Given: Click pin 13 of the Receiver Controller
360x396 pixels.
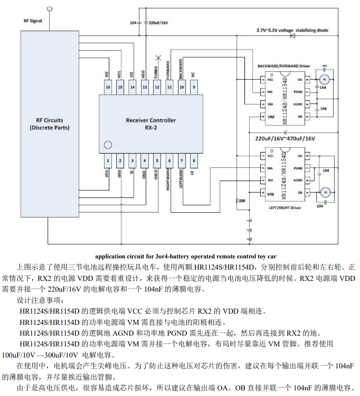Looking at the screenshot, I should tap(145, 87).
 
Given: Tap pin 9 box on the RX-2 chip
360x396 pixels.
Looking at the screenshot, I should tap(194, 87).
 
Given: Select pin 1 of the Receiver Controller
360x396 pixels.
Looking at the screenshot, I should tap(108, 161).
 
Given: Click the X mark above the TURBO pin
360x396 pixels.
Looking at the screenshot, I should tap(158, 57).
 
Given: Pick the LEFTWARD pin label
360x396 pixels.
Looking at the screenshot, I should tap(181, 180).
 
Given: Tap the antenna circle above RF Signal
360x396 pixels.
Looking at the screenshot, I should tap(50, 9).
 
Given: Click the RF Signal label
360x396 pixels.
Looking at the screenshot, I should tap(33, 21).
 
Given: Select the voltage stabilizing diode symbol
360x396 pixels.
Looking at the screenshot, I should tap(293, 36).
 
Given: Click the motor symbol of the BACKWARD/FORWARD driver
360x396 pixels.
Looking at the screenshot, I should tap(324, 79).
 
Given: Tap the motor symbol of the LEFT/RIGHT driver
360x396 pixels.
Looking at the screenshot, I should tap(324, 192).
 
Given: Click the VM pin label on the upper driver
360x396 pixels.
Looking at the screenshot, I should tap(270, 117).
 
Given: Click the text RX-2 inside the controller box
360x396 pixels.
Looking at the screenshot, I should tap(151, 128).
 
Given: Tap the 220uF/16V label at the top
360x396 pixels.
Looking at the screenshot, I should tap(158, 23).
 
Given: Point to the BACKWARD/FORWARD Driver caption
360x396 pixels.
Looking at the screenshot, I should tap(284, 66).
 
